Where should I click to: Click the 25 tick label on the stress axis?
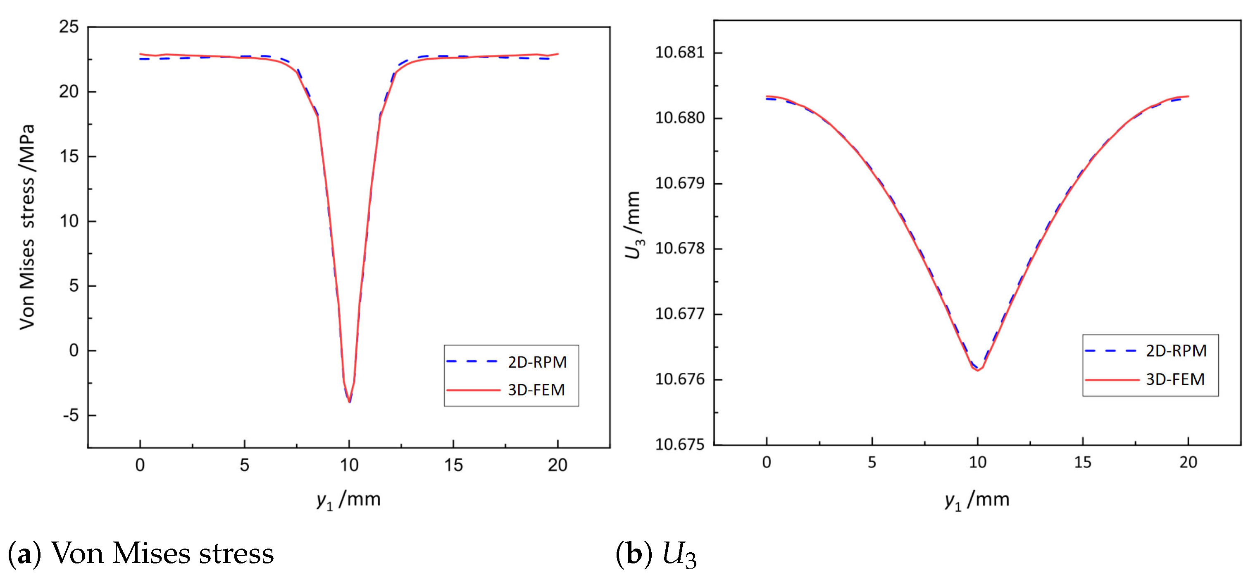click(69, 27)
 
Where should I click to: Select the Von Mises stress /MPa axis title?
click(27, 227)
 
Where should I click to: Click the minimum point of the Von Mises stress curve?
click(349, 402)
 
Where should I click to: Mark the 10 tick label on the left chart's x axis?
click(349, 465)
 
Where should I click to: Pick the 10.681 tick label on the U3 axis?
click(680, 53)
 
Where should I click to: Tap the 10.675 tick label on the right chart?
click(680, 444)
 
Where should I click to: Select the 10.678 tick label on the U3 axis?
click(680, 249)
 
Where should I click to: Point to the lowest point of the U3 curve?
click(977, 371)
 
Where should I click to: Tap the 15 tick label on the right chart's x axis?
click(1082, 463)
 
